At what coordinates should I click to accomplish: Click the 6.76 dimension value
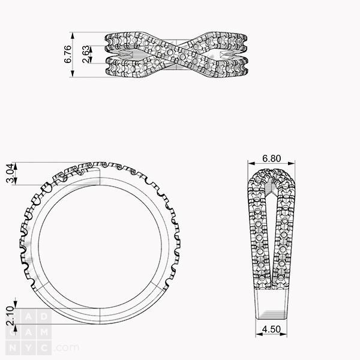pos(68,54)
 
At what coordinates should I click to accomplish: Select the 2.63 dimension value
pos(86,54)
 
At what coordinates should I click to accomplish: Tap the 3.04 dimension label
pos(10,173)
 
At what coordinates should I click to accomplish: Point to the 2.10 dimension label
pos(10,316)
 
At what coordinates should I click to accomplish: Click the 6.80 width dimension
pos(272,158)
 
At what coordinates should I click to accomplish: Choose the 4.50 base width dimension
pos(271,329)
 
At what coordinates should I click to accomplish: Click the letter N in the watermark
pos(13,348)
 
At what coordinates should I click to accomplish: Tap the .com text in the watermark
pos(67,347)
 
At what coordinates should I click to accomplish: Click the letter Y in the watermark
pos(28,348)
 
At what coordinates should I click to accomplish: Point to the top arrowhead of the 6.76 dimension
pos(73,35)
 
